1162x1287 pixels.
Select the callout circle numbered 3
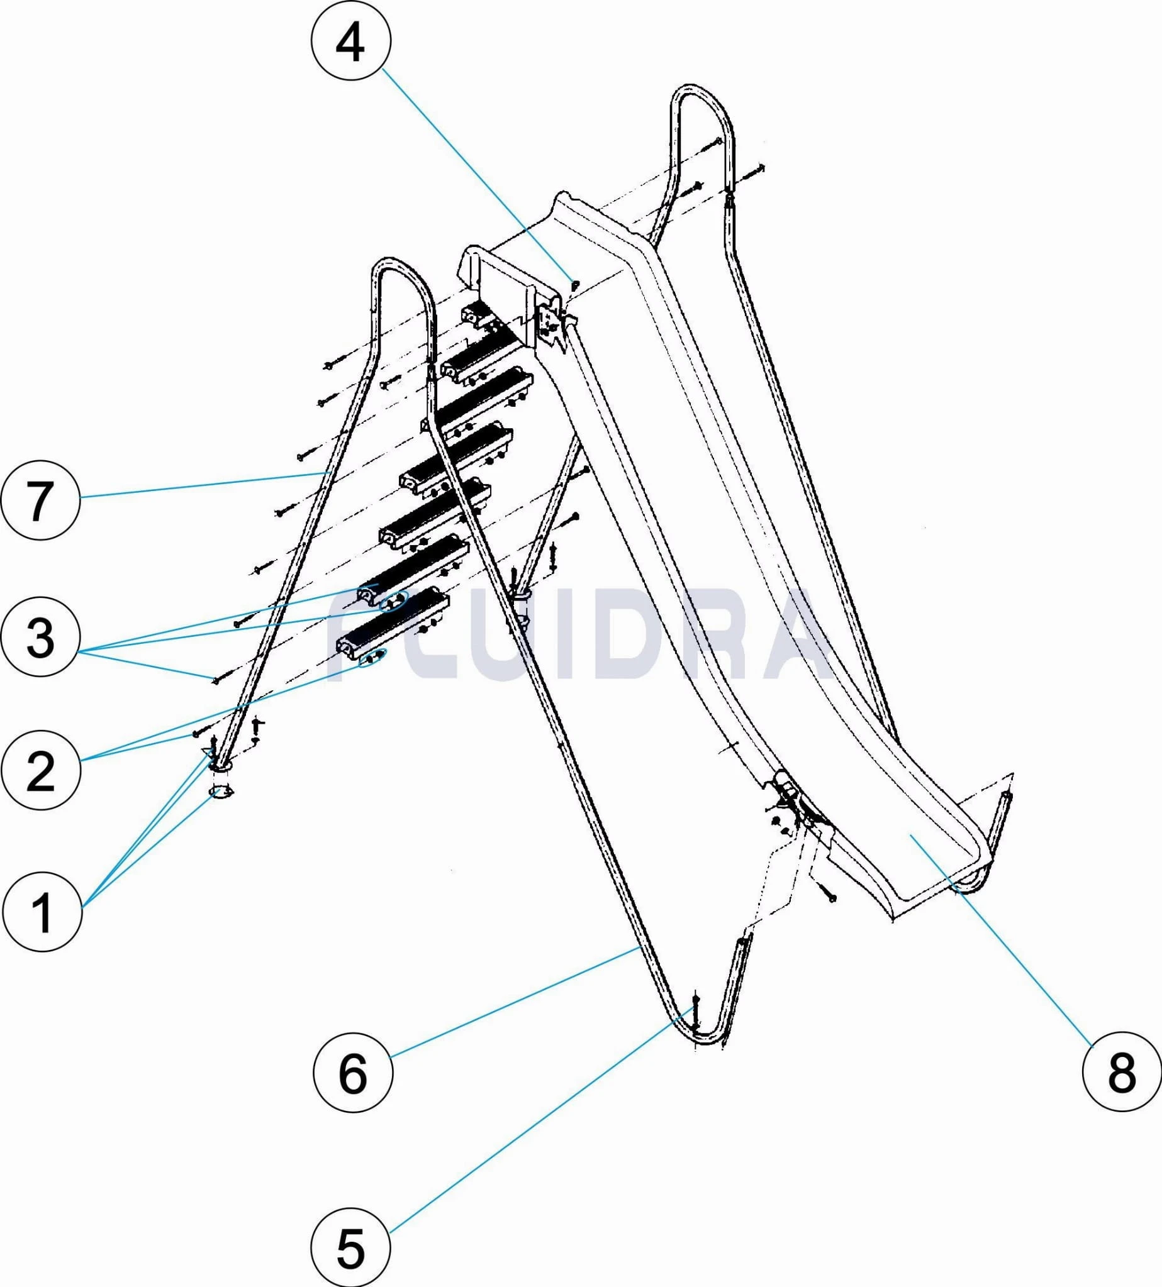(x=40, y=636)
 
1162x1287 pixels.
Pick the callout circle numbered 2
(x=40, y=770)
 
